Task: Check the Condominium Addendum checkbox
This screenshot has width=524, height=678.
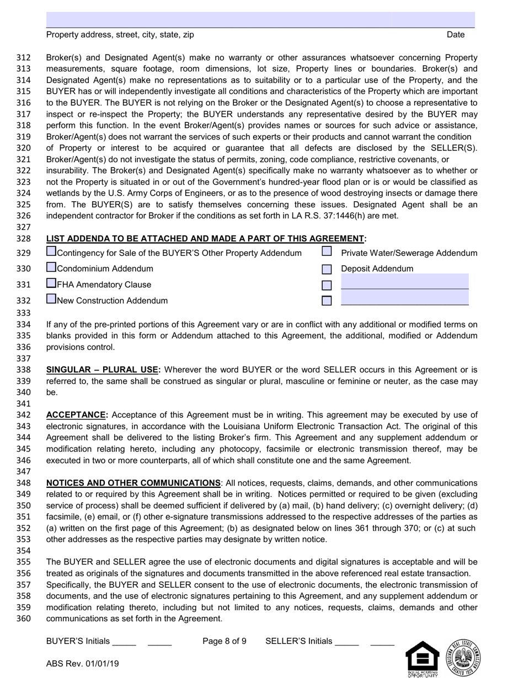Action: pyautogui.click(x=51, y=267)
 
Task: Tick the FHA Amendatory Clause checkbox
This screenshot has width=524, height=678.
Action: pyautogui.click(x=51, y=283)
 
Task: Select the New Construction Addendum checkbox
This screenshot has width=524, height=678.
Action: pyautogui.click(x=51, y=299)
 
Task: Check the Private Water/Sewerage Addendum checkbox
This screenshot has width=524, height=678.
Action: pyautogui.click(x=327, y=251)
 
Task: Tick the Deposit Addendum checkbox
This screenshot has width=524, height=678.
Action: pyautogui.click(x=327, y=269)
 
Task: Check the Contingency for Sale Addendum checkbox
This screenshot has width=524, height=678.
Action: pyautogui.click(x=51, y=251)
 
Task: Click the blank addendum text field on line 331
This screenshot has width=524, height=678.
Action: pyautogui.click(x=405, y=282)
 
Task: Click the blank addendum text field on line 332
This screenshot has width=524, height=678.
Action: pyautogui.click(x=405, y=298)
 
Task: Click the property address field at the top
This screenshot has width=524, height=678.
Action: pyautogui.click(x=218, y=19)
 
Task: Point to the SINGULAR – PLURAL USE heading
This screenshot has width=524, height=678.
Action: pyautogui.click(x=103, y=369)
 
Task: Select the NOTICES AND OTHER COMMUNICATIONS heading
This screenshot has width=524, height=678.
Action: pyautogui.click(x=133, y=483)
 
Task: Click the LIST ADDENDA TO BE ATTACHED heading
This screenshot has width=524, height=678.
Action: pyautogui.click(x=205, y=238)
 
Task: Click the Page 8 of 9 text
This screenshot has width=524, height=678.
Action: pyautogui.click(x=224, y=641)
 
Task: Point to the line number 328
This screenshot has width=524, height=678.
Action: pyautogui.click(x=23, y=239)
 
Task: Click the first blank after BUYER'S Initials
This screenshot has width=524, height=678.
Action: pyautogui.click(x=124, y=642)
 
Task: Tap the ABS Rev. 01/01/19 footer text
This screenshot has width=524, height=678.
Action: pyautogui.click(x=82, y=664)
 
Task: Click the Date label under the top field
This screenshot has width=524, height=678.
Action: pyautogui.click(x=456, y=35)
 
